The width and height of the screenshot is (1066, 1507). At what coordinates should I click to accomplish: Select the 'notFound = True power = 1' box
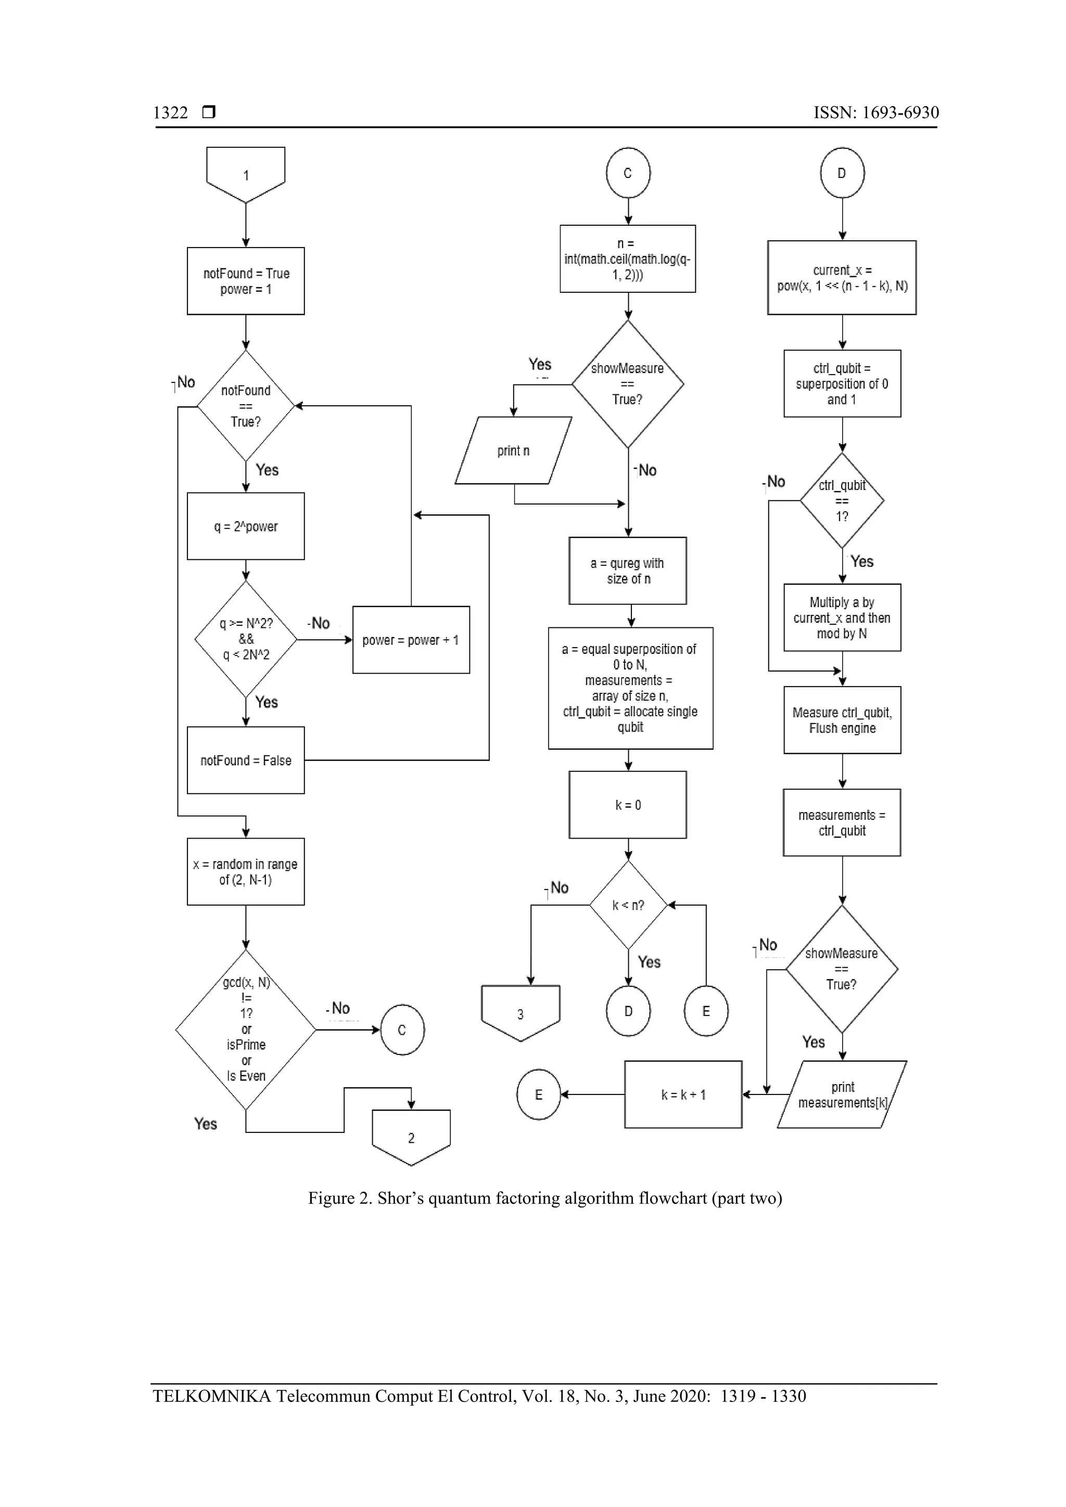click(x=246, y=281)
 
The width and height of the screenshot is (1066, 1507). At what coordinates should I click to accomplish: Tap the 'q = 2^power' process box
click(x=246, y=526)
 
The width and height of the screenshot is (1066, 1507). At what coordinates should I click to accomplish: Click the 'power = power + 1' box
click(x=411, y=640)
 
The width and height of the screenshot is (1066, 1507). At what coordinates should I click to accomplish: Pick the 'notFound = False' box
click(x=246, y=760)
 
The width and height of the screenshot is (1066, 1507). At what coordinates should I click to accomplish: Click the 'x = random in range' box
click(x=246, y=872)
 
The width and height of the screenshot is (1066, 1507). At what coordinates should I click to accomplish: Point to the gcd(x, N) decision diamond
click(x=246, y=1029)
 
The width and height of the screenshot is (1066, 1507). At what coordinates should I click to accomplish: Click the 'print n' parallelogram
click(x=513, y=451)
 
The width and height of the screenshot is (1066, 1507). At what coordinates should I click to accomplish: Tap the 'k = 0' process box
click(x=628, y=805)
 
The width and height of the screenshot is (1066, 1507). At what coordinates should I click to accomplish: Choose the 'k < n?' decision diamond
click(x=628, y=905)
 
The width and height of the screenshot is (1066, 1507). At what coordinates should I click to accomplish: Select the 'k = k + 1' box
click(x=683, y=1094)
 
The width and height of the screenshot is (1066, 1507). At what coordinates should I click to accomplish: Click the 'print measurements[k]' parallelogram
click(x=842, y=1094)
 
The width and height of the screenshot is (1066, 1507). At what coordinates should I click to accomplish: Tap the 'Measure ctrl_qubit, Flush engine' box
click(x=842, y=720)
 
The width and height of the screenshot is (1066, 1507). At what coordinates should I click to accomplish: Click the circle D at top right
click(x=842, y=173)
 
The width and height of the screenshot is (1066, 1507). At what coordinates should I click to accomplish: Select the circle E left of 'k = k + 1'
click(x=539, y=1094)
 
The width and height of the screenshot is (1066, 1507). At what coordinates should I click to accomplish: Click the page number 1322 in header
click(x=171, y=113)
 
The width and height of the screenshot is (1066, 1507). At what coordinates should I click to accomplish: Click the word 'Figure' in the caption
click(x=331, y=1198)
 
